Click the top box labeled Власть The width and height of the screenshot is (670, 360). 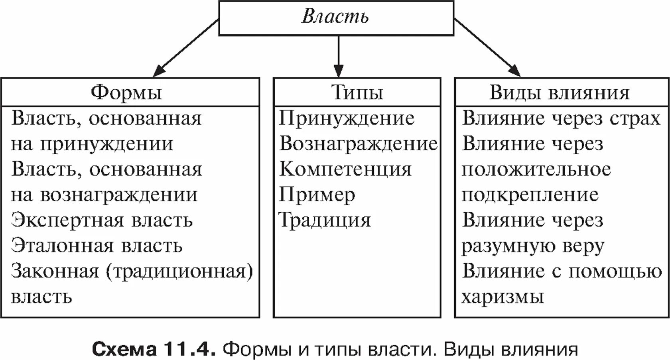(336, 18)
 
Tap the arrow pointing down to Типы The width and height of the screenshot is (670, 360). (338, 56)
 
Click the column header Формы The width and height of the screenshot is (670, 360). (126, 92)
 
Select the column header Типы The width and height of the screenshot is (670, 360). (357, 92)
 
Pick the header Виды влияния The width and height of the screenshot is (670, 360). (559, 92)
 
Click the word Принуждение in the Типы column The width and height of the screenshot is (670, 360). (347, 118)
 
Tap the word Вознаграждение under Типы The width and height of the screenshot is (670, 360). (358, 144)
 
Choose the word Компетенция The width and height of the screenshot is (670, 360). (345, 169)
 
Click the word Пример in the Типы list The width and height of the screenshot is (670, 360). (317, 195)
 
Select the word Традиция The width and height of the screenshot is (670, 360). (325, 220)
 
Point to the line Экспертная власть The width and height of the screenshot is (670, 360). (102, 220)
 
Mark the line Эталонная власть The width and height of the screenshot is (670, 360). (97, 246)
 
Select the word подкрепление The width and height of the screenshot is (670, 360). (530, 195)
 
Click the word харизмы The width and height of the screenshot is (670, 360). (503, 297)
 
